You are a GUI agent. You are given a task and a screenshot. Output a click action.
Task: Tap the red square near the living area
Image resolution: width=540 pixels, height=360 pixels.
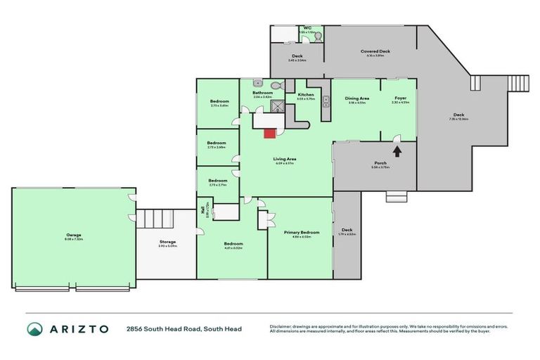coord(269,132)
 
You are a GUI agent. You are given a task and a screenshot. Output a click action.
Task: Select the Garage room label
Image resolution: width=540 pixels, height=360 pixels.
coord(74,235)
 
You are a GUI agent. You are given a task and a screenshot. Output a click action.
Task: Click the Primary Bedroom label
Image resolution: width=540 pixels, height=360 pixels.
coord(302,232)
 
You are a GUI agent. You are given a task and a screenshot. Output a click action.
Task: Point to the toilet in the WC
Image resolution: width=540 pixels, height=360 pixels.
coord(318,38)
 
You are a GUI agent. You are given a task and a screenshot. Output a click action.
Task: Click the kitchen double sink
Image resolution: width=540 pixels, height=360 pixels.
coord(326,101)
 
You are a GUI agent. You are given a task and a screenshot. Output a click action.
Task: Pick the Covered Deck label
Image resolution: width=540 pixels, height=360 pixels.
coord(375,51)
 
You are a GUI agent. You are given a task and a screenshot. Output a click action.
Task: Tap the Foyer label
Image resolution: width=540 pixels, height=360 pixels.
coord(400,98)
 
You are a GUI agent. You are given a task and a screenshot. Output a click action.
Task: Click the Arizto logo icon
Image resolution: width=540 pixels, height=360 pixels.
coord(35,328)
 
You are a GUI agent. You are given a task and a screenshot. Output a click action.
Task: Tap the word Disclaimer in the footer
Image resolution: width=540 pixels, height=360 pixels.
coord(283,326)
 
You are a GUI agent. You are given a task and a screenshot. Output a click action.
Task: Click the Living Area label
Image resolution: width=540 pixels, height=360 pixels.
coord(283,160)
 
